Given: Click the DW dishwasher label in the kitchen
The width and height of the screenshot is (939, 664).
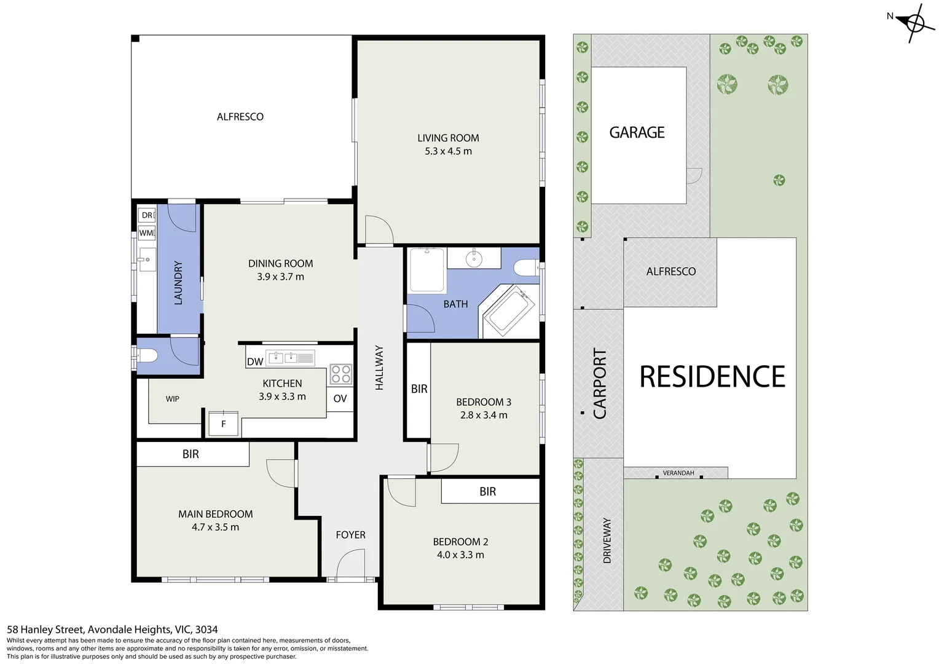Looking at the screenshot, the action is point(255,362).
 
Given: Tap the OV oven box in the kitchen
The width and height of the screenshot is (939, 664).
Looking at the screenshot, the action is point(340,398).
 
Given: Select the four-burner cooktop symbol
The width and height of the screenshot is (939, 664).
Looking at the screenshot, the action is point(341,374).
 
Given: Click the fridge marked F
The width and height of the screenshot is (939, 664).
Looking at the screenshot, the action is point(224,424).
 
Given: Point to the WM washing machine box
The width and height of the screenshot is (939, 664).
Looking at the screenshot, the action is point(147,233).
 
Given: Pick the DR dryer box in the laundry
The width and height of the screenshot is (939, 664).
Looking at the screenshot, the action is point(147,215).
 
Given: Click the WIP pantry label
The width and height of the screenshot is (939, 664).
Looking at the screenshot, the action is point(172,399).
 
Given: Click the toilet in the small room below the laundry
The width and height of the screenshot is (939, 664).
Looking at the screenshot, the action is point(146,356).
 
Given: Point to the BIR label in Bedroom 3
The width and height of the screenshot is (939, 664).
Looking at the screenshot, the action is point(419,389).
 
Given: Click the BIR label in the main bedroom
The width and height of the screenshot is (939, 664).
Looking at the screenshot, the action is point(191,454).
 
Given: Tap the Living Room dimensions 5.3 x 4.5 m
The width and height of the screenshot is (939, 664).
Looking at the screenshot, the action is point(448,151).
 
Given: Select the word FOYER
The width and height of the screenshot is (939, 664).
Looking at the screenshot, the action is point(350,535).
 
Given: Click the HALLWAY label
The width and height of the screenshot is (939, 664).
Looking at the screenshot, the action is point(379,368).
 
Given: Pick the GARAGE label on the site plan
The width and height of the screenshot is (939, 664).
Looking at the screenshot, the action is point(637,133).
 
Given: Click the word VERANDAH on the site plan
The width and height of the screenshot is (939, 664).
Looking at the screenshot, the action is point(678,473).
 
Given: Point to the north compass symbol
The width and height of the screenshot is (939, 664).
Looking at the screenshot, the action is point(915,23).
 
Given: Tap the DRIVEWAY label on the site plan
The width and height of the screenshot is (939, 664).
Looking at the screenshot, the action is point(607,540).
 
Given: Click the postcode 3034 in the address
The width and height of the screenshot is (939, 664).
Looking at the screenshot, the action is point(206,630).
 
